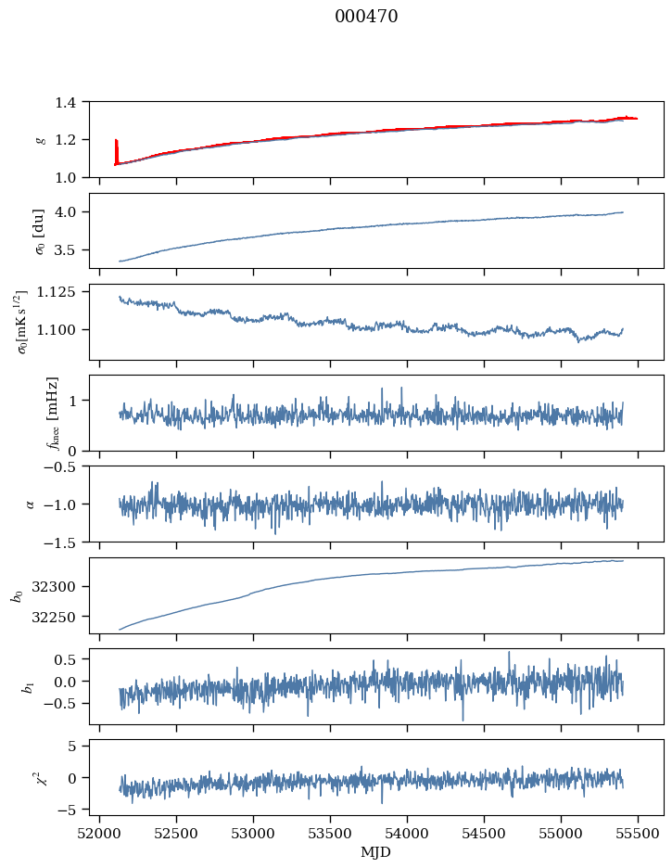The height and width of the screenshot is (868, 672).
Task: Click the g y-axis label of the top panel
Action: [40, 139]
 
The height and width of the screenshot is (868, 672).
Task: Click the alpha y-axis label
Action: [31, 504]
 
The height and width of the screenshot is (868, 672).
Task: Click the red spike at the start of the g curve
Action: [116, 148]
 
